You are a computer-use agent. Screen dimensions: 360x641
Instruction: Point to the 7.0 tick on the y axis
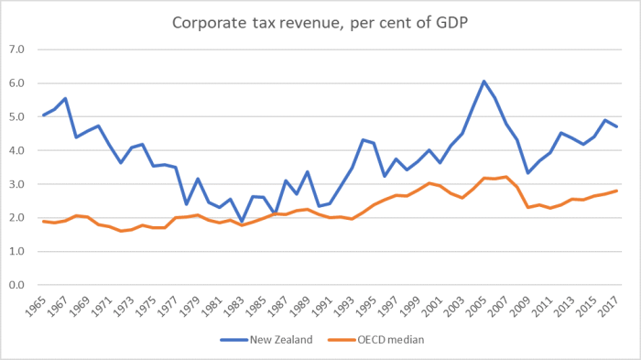(x=18, y=49)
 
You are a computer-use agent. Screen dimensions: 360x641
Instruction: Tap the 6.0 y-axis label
(x=18, y=83)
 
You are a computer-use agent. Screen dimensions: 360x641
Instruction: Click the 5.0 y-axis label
(x=18, y=117)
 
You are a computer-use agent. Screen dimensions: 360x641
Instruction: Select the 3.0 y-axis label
(x=18, y=184)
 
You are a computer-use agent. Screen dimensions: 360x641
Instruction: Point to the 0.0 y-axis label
(x=18, y=285)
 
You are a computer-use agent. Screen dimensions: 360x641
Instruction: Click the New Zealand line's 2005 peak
(x=483, y=82)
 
